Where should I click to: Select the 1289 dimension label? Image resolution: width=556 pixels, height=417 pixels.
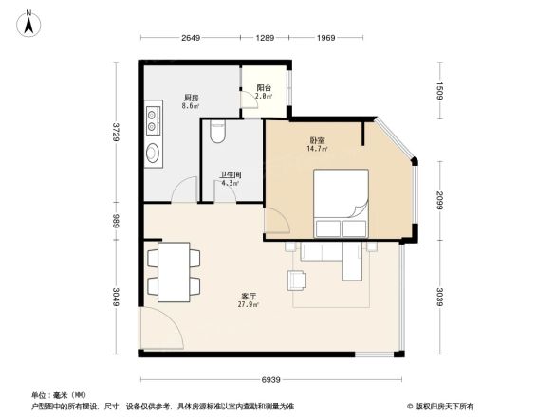click(265, 38)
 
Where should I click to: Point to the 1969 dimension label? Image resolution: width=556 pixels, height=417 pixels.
click(326, 38)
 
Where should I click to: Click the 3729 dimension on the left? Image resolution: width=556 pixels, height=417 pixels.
click(116, 132)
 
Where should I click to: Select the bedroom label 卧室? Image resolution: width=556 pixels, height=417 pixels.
click(317, 140)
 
